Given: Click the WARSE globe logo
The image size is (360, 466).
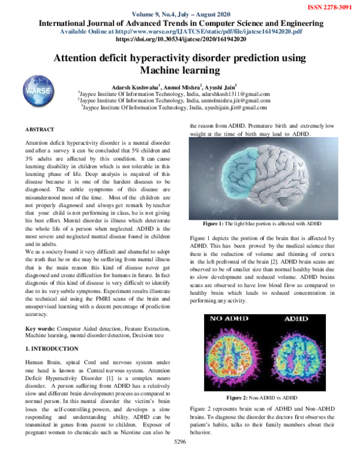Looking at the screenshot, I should [x=37, y=91].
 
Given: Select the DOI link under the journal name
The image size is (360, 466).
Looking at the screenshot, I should [x=181, y=38].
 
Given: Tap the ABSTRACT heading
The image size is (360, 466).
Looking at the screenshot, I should [x=40, y=129].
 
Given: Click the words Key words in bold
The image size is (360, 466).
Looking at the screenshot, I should [x=40, y=329].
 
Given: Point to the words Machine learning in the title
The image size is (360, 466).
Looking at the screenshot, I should [x=181, y=71].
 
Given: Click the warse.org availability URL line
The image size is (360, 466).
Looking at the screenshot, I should [x=181, y=31].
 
